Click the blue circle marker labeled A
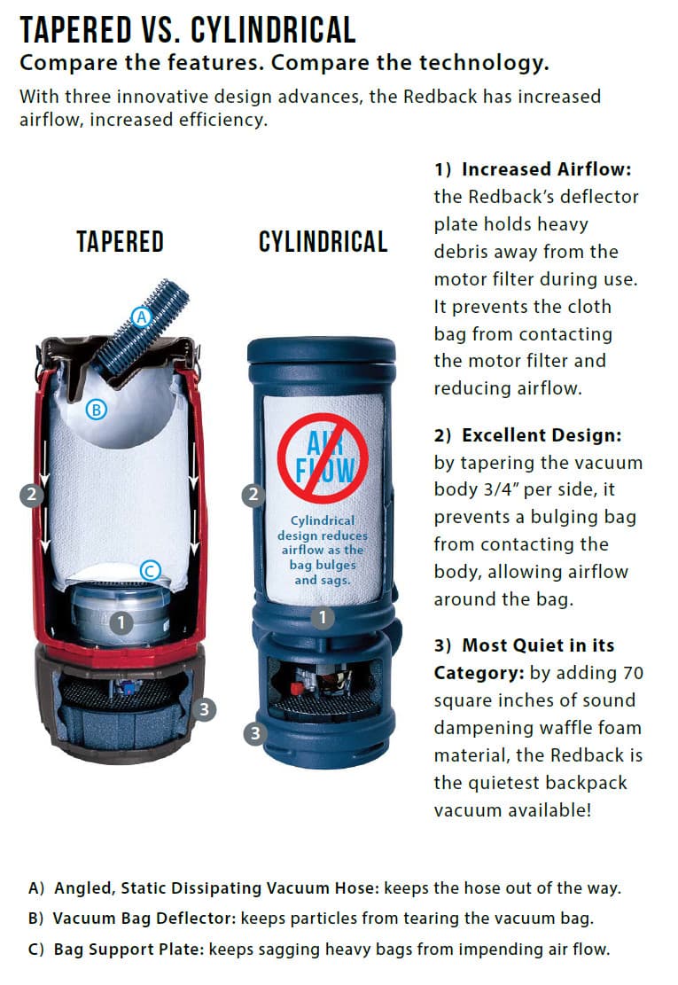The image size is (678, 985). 140,315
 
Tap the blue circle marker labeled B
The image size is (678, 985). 96,409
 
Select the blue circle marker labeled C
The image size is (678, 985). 152,572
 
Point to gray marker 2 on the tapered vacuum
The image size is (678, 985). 32,496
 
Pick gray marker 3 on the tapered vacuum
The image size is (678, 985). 205,709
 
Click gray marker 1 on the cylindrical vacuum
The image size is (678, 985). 323,617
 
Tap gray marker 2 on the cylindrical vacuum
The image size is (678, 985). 254,496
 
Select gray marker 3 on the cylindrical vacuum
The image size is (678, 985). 255,733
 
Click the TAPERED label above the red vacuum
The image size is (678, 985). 120,242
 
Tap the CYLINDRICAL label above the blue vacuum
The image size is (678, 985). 323,242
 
